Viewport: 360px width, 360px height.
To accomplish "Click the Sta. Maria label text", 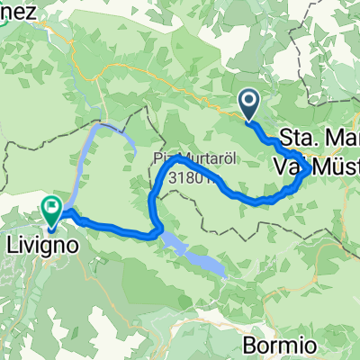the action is click(320, 139).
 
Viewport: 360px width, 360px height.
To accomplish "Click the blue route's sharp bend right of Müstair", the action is click(308, 168).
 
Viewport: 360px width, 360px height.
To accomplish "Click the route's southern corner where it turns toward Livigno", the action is click(157, 231).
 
